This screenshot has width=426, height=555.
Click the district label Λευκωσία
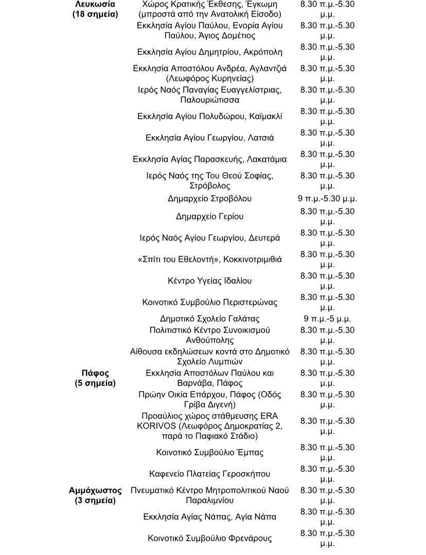(x=95, y=4)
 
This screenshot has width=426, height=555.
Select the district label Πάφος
(x=95, y=373)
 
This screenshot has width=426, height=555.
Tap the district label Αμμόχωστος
(x=95, y=490)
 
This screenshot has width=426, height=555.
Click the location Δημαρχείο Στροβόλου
(x=209, y=198)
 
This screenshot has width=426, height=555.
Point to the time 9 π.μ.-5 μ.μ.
(x=327, y=319)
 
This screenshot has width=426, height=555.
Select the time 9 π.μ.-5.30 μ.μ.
(x=327, y=198)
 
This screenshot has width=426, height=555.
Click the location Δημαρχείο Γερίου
(x=209, y=216)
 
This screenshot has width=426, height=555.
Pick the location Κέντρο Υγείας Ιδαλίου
(x=209, y=281)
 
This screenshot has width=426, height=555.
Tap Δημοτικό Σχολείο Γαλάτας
(x=209, y=319)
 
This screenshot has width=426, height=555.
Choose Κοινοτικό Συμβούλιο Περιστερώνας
(x=209, y=302)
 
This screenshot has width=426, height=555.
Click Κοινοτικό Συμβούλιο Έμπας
(x=209, y=452)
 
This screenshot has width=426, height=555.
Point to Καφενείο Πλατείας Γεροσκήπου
(x=209, y=474)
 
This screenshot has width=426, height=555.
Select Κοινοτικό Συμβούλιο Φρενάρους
(x=209, y=538)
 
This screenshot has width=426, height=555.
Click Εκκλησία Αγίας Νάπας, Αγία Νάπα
(x=209, y=516)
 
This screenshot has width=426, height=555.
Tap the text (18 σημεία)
(x=95, y=14)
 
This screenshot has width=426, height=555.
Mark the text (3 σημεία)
(x=95, y=501)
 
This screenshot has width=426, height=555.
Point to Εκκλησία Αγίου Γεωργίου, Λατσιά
(x=209, y=138)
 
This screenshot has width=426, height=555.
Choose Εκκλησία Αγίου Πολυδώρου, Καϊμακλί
(x=209, y=116)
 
